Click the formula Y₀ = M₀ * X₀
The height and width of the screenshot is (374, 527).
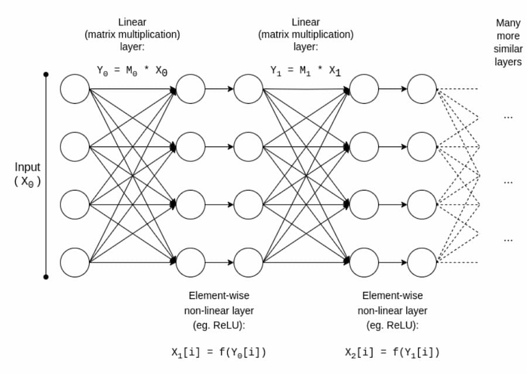tap(132, 71)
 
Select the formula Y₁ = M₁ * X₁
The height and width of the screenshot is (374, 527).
tap(306, 71)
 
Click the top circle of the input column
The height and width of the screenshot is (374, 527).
tap(74, 89)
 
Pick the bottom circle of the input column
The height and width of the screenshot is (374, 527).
tap(74, 263)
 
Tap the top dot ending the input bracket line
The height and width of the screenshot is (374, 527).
tap(46, 74)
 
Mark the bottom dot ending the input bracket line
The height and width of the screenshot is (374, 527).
tap(46, 277)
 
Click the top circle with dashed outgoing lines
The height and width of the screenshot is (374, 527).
tap(422, 89)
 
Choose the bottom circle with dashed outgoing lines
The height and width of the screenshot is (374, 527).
tap(422, 263)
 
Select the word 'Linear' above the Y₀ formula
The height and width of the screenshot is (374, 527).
tap(132, 22)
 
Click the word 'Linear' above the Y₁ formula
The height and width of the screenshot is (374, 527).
tap(306, 22)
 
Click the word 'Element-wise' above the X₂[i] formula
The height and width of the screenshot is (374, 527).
tap(392, 295)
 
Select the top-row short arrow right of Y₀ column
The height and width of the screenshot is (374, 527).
tap(220, 89)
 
